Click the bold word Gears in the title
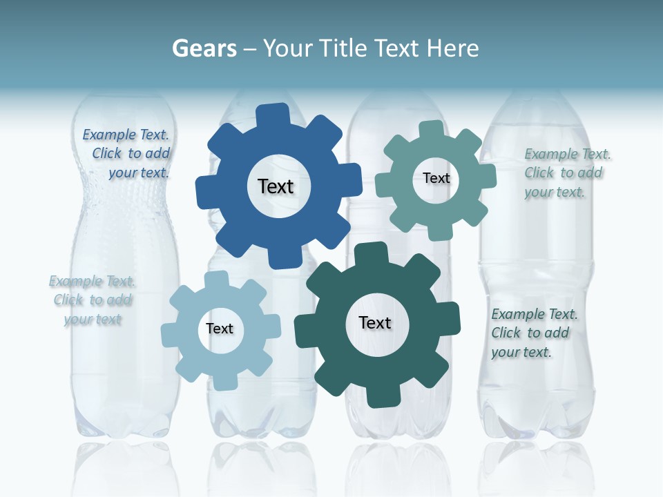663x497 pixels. (204, 48)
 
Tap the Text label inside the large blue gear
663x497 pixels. (276, 186)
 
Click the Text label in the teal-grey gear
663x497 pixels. (436, 178)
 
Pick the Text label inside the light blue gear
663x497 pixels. (220, 329)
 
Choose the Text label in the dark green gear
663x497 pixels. (375, 323)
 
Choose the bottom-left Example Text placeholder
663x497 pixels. (93, 300)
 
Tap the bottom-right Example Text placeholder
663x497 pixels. (533, 333)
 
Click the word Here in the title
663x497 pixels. (453, 48)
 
